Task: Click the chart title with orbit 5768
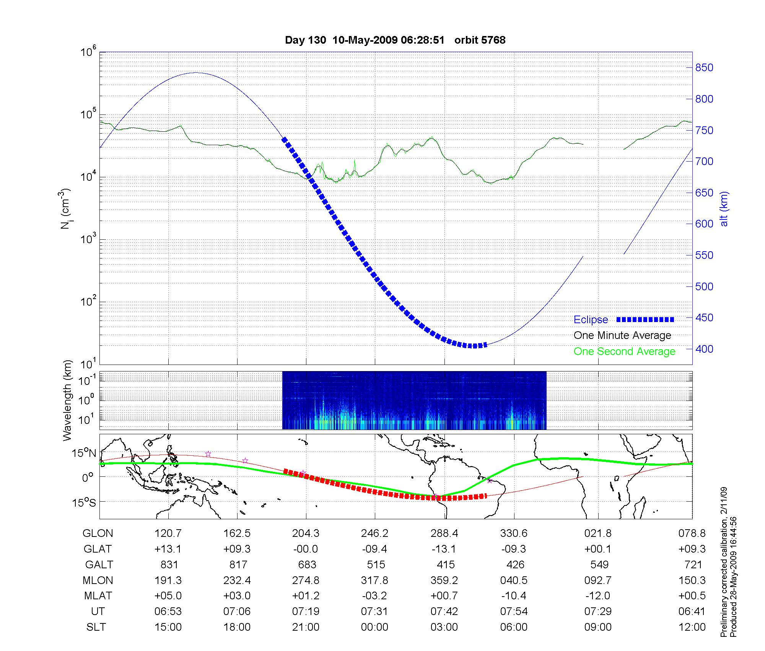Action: pos(395,40)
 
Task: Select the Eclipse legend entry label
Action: pos(591,320)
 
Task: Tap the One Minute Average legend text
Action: pos(622,335)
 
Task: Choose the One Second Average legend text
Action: pos(624,352)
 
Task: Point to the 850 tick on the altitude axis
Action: pos(704,68)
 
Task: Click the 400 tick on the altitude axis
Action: pos(704,349)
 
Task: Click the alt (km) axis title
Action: pos(724,209)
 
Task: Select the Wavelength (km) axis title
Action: pos(67,400)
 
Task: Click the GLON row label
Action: pos(98,533)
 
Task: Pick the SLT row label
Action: pos(96,627)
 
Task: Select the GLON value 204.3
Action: pos(306,533)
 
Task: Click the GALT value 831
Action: pos(168,564)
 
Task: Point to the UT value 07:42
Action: pos(444,611)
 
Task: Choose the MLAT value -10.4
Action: pos(514,596)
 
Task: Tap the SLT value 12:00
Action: pos(692,627)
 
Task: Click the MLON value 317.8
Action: pos(374,580)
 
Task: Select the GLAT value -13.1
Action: pos(444,549)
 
